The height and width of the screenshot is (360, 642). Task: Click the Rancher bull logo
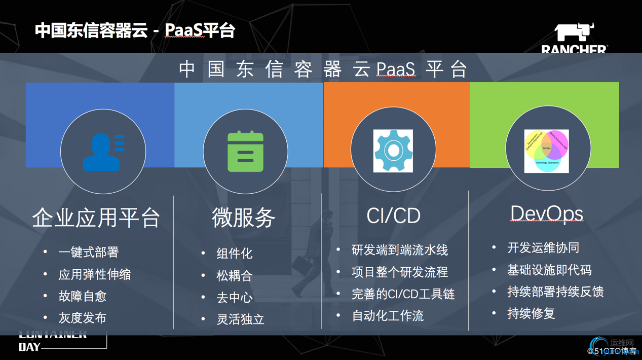click(x=574, y=33)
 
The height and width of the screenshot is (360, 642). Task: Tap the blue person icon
click(x=103, y=152)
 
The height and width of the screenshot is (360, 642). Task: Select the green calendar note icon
click(x=245, y=152)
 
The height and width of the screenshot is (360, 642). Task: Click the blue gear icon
click(x=393, y=151)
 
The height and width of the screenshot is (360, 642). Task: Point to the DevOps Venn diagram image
click(x=546, y=151)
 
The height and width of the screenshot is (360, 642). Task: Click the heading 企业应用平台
click(x=96, y=218)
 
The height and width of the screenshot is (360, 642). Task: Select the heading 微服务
click(x=244, y=218)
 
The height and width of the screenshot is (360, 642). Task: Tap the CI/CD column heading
click(x=393, y=216)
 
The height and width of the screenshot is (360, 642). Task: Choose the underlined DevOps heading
click(x=546, y=214)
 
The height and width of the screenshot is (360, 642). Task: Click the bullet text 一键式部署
click(x=89, y=252)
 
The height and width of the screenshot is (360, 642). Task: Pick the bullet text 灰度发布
click(x=83, y=318)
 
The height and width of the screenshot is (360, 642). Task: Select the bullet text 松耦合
click(x=234, y=276)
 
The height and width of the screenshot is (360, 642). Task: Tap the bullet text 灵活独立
click(x=240, y=319)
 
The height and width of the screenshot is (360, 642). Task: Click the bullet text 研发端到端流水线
click(x=400, y=250)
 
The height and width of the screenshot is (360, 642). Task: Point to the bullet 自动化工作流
click(x=388, y=316)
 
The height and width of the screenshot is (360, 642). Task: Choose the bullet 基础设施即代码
click(x=549, y=270)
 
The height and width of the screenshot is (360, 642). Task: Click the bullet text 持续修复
click(x=531, y=313)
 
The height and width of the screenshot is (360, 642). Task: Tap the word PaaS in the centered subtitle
click(x=396, y=69)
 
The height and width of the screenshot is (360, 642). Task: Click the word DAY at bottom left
click(x=29, y=347)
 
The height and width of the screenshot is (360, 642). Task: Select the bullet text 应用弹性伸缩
click(x=95, y=274)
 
